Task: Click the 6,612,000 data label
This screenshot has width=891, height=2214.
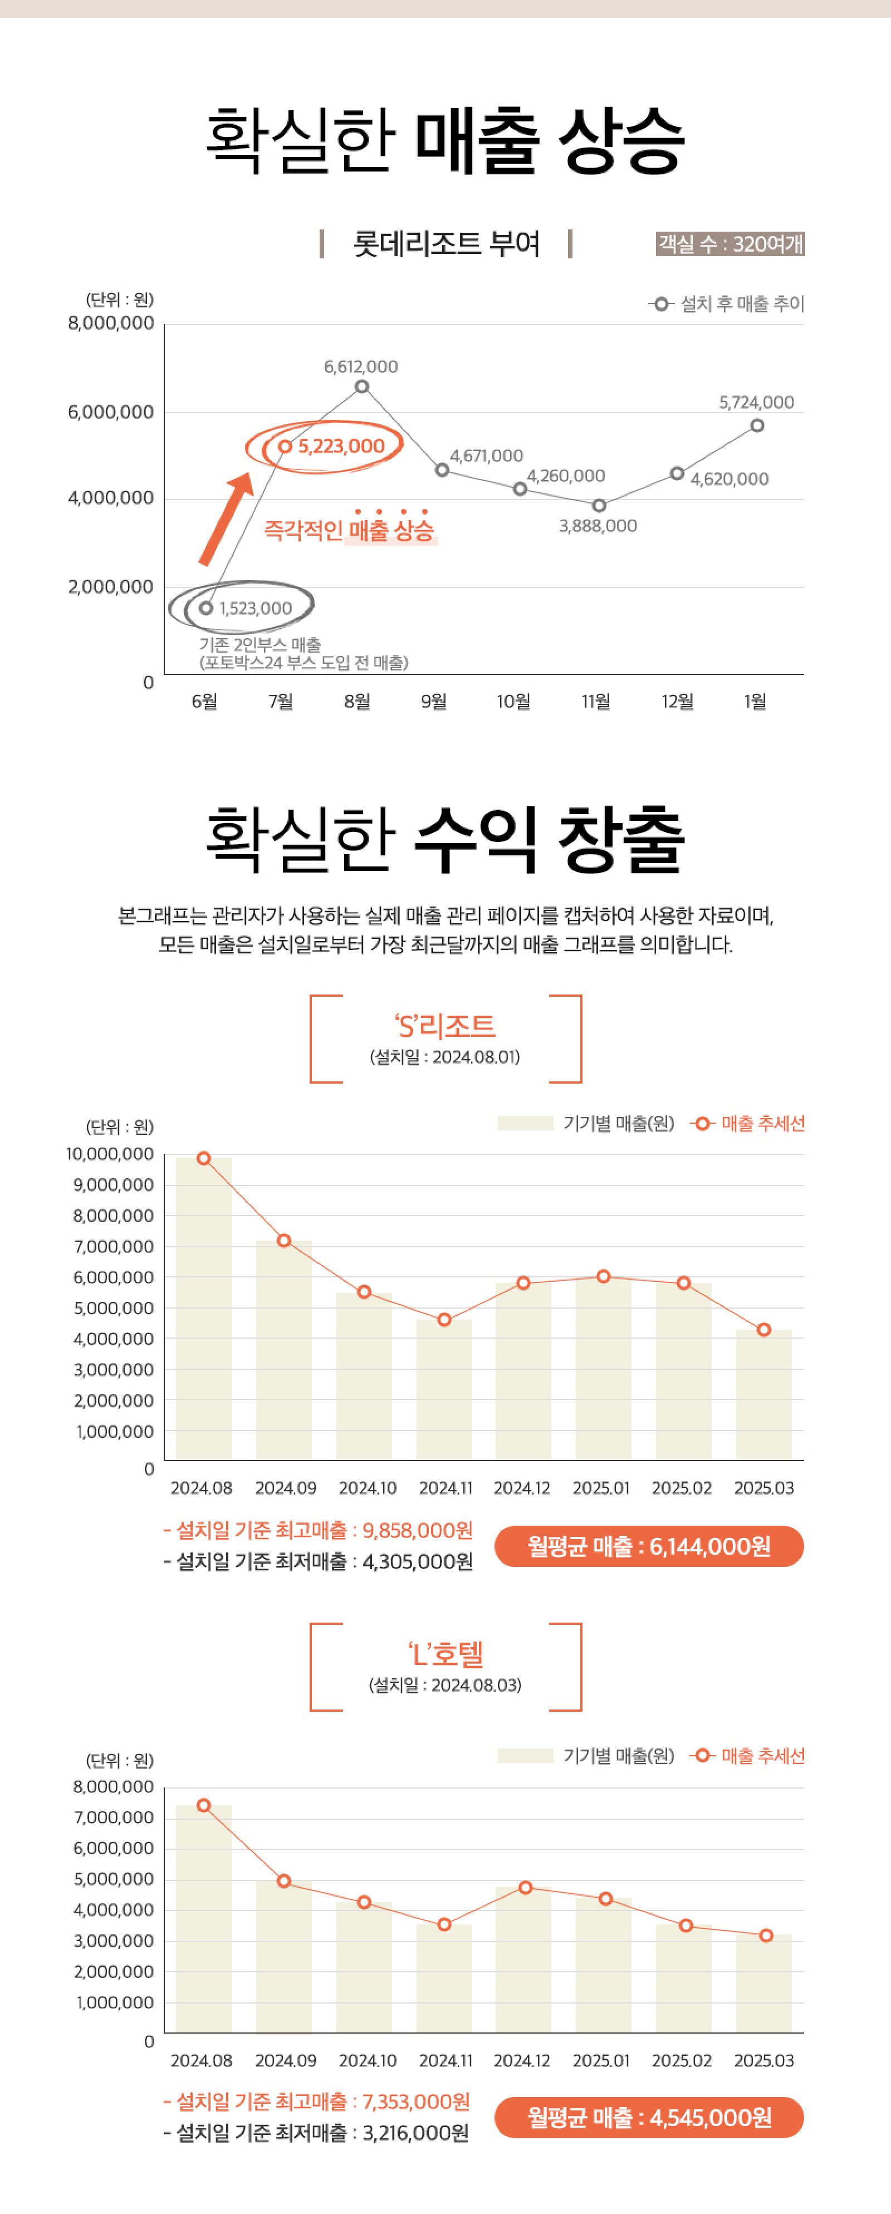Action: [361, 367]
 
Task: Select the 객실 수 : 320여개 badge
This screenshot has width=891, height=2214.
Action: [730, 244]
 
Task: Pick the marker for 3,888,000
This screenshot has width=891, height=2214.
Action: [599, 506]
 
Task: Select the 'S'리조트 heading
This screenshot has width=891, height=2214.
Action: [445, 1025]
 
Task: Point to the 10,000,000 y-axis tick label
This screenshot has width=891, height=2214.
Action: [110, 1154]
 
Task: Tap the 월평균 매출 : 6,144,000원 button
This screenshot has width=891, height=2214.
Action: [649, 1546]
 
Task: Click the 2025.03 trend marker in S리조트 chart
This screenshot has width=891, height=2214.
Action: [764, 1330]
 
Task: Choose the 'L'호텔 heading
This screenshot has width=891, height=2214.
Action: [445, 1653]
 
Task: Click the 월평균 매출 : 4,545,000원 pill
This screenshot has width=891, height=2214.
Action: [649, 2117]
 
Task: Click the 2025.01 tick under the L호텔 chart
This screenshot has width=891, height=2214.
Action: [601, 2060]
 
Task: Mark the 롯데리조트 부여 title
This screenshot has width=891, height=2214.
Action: [446, 244]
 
